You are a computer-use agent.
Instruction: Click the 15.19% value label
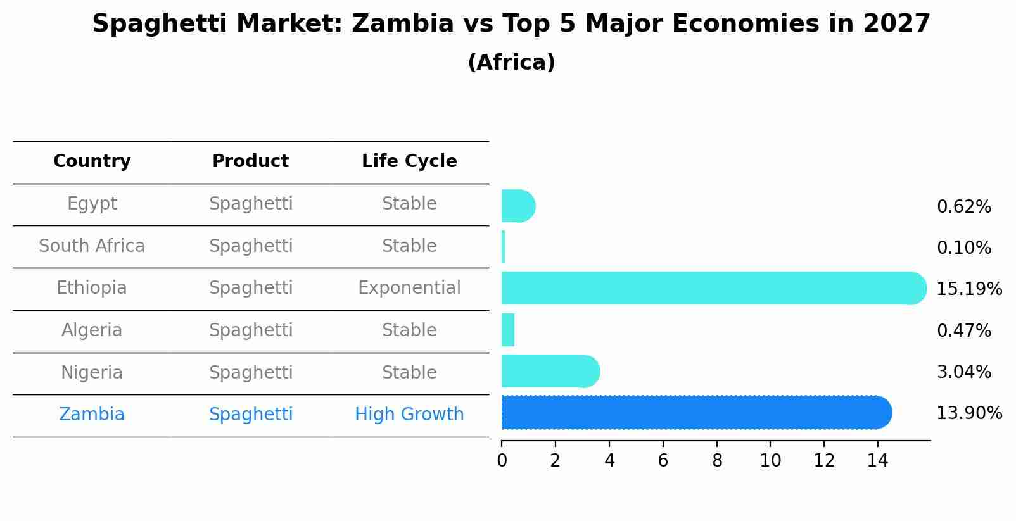pos(968,289)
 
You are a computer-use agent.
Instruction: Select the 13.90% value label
pos(968,413)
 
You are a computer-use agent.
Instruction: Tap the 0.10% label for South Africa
pos(963,248)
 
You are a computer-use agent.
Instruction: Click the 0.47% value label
pos(963,330)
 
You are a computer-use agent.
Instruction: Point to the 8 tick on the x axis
pos(717,461)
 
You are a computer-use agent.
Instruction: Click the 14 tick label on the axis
pos(878,461)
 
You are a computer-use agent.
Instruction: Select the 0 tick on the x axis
pos(502,461)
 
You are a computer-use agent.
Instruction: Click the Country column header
pos(92,161)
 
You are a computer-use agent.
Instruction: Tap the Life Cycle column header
pos(409,161)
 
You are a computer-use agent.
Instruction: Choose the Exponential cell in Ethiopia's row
pos(409,288)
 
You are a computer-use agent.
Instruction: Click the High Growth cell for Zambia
pos(409,415)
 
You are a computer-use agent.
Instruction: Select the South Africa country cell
pos(92,246)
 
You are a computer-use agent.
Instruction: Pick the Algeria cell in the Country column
pos(92,330)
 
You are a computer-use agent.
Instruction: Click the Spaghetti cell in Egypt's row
pos(251,204)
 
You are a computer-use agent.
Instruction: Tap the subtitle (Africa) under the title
pos(511,63)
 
